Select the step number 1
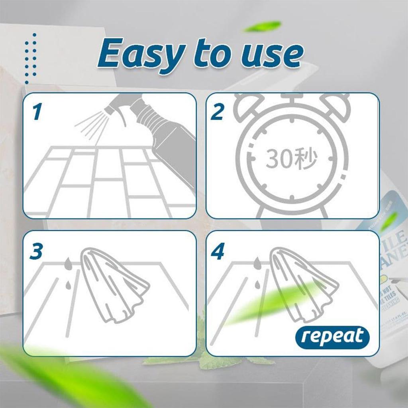(37, 112)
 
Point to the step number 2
(217, 112)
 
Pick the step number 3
(36, 252)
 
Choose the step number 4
(218, 252)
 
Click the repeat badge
(332, 337)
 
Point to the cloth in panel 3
(112, 285)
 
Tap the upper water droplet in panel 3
(69, 263)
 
